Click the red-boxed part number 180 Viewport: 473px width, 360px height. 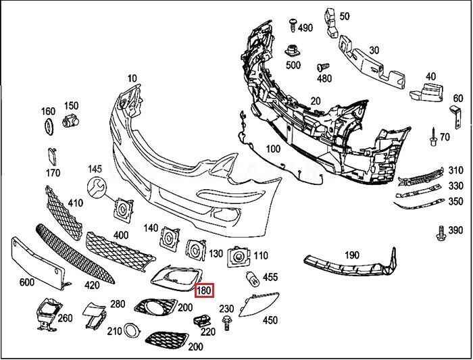point(204,291)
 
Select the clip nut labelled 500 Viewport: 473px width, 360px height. point(293,50)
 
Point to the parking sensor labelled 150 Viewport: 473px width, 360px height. point(69,122)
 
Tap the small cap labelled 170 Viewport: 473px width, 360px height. point(51,155)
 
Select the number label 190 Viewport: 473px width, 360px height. point(352,255)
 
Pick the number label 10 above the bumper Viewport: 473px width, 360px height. point(131,78)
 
